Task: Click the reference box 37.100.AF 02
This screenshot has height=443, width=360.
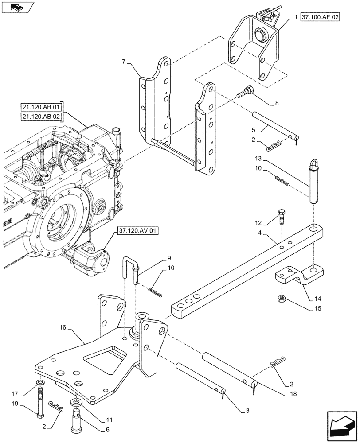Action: (x=320, y=18)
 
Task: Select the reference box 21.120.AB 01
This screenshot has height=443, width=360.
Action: (x=41, y=107)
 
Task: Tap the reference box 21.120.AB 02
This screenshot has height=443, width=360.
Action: (x=41, y=117)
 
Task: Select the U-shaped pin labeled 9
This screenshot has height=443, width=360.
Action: (x=132, y=269)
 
